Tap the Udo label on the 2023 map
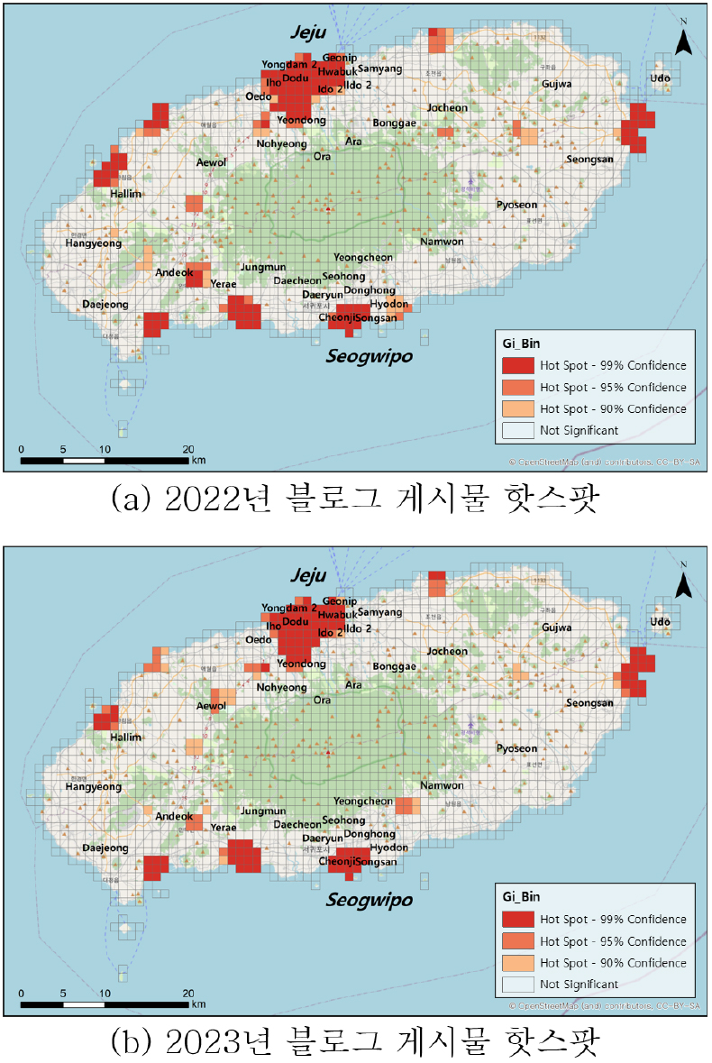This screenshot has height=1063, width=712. tap(661, 622)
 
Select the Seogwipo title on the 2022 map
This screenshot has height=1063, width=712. tap(369, 356)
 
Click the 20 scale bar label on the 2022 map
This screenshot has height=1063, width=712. tap(187, 450)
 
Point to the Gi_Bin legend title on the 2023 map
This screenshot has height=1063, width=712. tap(521, 897)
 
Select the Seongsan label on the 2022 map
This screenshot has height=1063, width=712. tap(589, 160)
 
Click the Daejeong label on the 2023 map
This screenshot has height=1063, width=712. tap(105, 848)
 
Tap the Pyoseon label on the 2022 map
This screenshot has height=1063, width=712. tap(516, 205)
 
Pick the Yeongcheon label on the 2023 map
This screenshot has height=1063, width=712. tap(363, 802)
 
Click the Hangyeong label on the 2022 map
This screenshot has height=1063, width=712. tap(93, 243)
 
